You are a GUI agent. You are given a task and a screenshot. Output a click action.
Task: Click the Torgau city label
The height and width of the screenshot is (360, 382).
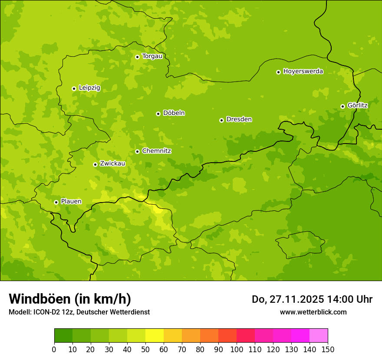click(x=152, y=56)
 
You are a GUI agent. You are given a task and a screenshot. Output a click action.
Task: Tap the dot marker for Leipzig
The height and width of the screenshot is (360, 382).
click(x=74, y=88)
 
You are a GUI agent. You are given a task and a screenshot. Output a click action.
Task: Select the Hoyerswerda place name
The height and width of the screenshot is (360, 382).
click(x=303, y=72)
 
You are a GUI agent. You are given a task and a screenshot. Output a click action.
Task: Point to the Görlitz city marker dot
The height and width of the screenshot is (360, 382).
click(x=342, y=106)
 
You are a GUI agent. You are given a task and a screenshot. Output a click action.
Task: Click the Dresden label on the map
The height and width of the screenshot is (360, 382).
click(x=239, y=120)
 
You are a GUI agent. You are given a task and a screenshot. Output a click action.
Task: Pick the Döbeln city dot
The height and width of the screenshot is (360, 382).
click(x=158, y=114)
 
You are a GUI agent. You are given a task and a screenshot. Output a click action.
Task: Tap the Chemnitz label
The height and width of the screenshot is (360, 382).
click(x=156, y=151)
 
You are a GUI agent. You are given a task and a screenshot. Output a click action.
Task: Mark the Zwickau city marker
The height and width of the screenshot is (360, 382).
click(x=95, y=164)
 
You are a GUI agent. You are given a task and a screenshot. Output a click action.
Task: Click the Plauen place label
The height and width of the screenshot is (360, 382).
click(x=71, y=202)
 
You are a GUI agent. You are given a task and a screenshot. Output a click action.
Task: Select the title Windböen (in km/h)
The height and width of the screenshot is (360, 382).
click(x=70, y=299)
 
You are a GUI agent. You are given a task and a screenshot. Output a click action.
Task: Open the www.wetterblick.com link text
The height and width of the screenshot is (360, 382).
click(x=313, y=312)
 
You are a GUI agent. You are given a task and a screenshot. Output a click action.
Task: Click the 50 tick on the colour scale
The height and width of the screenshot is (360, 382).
click(x=145, y=350)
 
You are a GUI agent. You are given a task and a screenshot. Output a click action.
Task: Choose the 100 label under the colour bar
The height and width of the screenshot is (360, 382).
click(x=237, y=350)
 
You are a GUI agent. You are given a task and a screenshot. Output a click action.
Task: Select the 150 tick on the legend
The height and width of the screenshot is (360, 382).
click(x=328, y=350)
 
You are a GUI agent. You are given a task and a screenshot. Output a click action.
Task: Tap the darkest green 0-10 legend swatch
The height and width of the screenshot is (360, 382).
click(x=63, y=336)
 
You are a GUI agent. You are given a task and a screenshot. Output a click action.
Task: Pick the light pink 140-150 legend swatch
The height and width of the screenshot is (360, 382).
click(x=319, y=336)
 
